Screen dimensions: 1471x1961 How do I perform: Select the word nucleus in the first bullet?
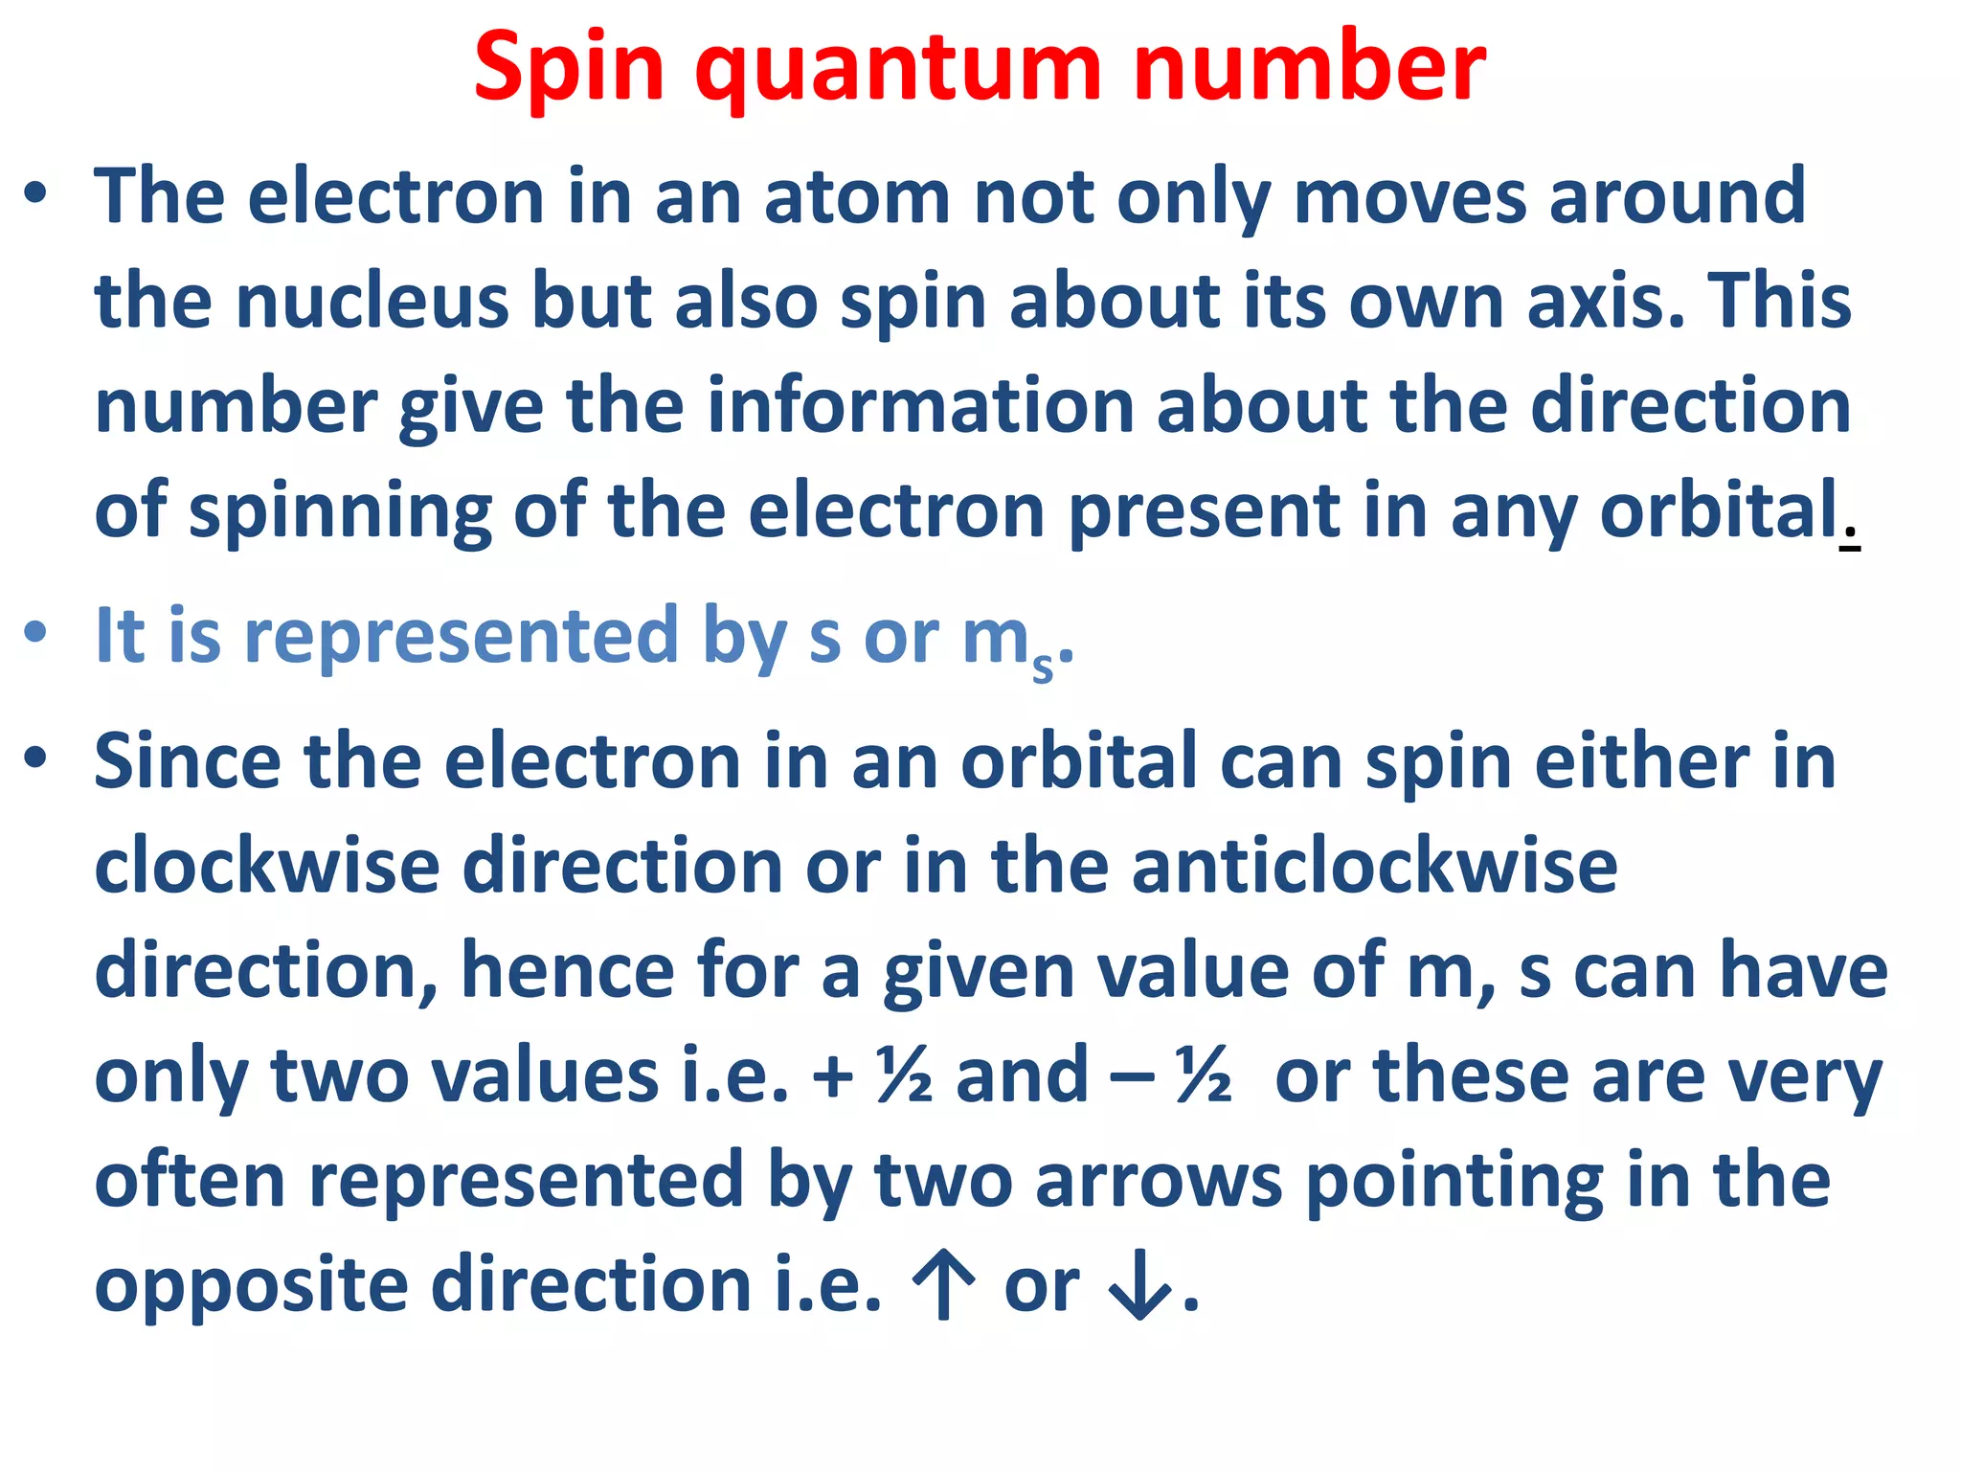point(372,301)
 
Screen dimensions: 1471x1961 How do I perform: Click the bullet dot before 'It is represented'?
point(35,632)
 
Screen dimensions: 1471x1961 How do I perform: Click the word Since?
point(188,761)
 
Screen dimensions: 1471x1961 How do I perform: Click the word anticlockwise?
point(1374,866)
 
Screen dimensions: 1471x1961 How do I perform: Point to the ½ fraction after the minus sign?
point(1204,1075)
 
